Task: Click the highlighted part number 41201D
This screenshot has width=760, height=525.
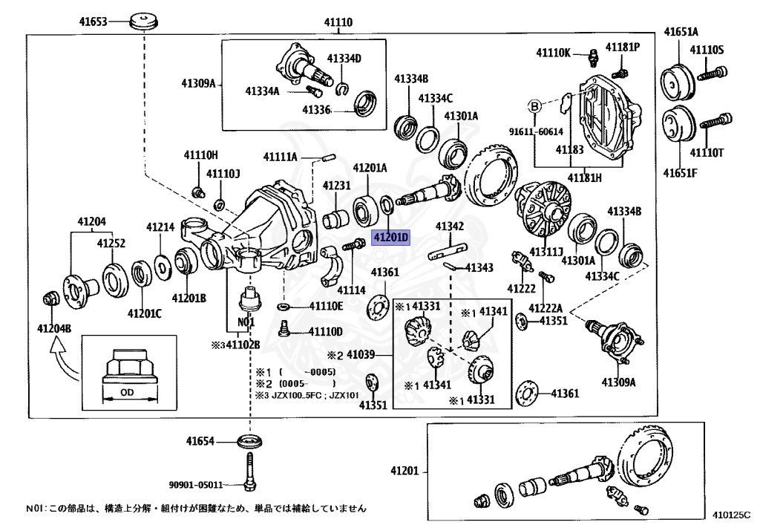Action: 390,238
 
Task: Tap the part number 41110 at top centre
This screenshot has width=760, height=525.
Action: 338,23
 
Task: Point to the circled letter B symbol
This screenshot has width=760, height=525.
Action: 534,106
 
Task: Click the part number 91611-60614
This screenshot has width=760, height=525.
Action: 536,131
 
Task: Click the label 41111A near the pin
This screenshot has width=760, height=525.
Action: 280,157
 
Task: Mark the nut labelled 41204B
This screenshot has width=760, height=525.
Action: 50,299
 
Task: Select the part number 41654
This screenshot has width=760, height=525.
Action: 200,441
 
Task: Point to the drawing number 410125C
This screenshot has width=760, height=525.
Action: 732,512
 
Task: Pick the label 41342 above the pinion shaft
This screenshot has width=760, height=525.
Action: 450,226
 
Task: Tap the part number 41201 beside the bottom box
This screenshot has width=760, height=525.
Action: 405,471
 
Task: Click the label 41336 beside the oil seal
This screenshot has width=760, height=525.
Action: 315,110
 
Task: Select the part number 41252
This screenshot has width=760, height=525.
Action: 111,243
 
